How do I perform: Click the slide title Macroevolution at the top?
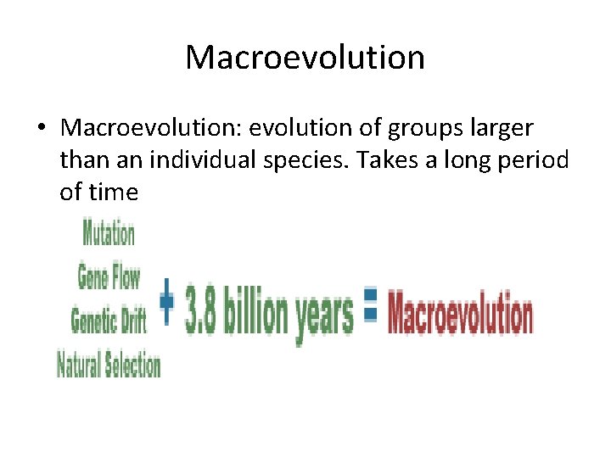click(x=305, y=58)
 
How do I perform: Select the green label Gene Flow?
click(x=109, y=277)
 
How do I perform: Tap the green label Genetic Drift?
click(x=109, y=321)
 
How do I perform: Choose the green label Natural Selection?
click(x=109, y=366)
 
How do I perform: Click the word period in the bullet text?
click(x=537, y=160)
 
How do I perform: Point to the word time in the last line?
click(x=110, y=193)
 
